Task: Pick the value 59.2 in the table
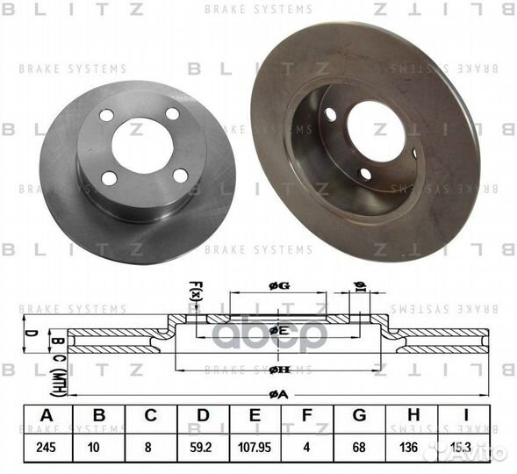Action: coord(203,446)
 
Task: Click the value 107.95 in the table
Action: coord(256,446)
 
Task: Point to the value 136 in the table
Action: coord(415,446)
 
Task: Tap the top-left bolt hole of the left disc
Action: coord(107,115)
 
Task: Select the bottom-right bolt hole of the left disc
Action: coord(179,175)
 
